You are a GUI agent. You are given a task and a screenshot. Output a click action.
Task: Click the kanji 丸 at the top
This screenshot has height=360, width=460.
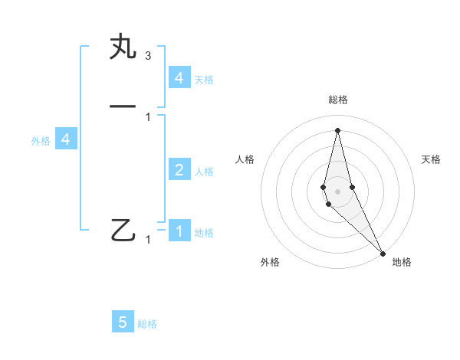click(123, 47)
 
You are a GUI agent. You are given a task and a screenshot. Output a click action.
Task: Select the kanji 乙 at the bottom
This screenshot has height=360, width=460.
click(123, 230)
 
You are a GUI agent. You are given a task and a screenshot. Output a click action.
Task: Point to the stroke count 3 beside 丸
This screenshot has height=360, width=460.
click(147, 56)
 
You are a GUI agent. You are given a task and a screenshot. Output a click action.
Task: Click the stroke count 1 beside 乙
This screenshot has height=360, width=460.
click(148, 240)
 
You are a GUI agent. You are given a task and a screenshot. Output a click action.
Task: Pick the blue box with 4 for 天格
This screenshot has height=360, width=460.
click(179, 78)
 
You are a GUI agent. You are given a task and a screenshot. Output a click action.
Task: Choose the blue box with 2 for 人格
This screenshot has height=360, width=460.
click(179, 170)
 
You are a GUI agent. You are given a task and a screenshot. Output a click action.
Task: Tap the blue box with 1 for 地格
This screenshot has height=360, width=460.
click(179, 231)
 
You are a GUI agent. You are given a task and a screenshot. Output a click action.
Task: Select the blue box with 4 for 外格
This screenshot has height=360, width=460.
click(66, 139)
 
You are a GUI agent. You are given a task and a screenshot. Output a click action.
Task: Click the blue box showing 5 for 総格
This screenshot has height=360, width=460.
click(123, 322)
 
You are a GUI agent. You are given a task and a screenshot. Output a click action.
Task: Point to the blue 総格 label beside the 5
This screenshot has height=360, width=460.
click(147, 324)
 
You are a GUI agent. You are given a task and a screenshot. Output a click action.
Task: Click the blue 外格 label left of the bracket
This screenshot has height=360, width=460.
click(41, 141)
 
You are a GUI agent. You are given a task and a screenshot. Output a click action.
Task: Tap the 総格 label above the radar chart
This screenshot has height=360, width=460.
click(337, 100)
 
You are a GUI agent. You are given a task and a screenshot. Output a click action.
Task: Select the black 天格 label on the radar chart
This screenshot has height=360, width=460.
click(431, 159)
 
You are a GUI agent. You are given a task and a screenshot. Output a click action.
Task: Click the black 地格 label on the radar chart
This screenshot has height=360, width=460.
click(402, 262)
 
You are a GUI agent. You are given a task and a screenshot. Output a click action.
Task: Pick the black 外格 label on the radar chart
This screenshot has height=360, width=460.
click(270, 262)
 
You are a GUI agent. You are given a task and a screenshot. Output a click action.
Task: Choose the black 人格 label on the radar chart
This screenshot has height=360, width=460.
click(245, 159)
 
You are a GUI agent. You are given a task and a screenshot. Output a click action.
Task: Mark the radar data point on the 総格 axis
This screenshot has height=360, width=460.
click(337, 129)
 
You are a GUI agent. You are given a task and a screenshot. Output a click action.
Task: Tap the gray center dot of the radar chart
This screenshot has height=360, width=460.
click(337, 191)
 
